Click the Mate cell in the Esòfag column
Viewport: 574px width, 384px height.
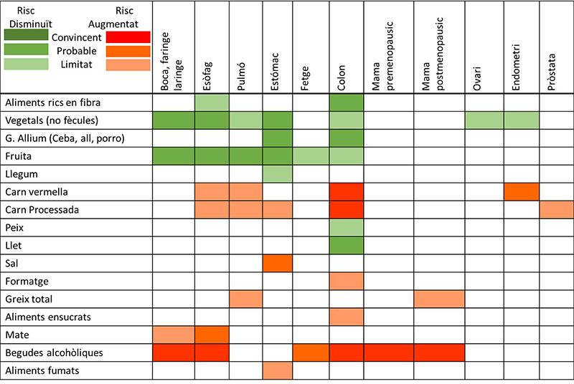[212, 335]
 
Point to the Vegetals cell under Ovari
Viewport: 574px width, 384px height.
[484, 120]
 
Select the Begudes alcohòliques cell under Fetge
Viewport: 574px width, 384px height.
[311, 353]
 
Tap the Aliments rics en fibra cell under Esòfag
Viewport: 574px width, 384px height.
[212, 102]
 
